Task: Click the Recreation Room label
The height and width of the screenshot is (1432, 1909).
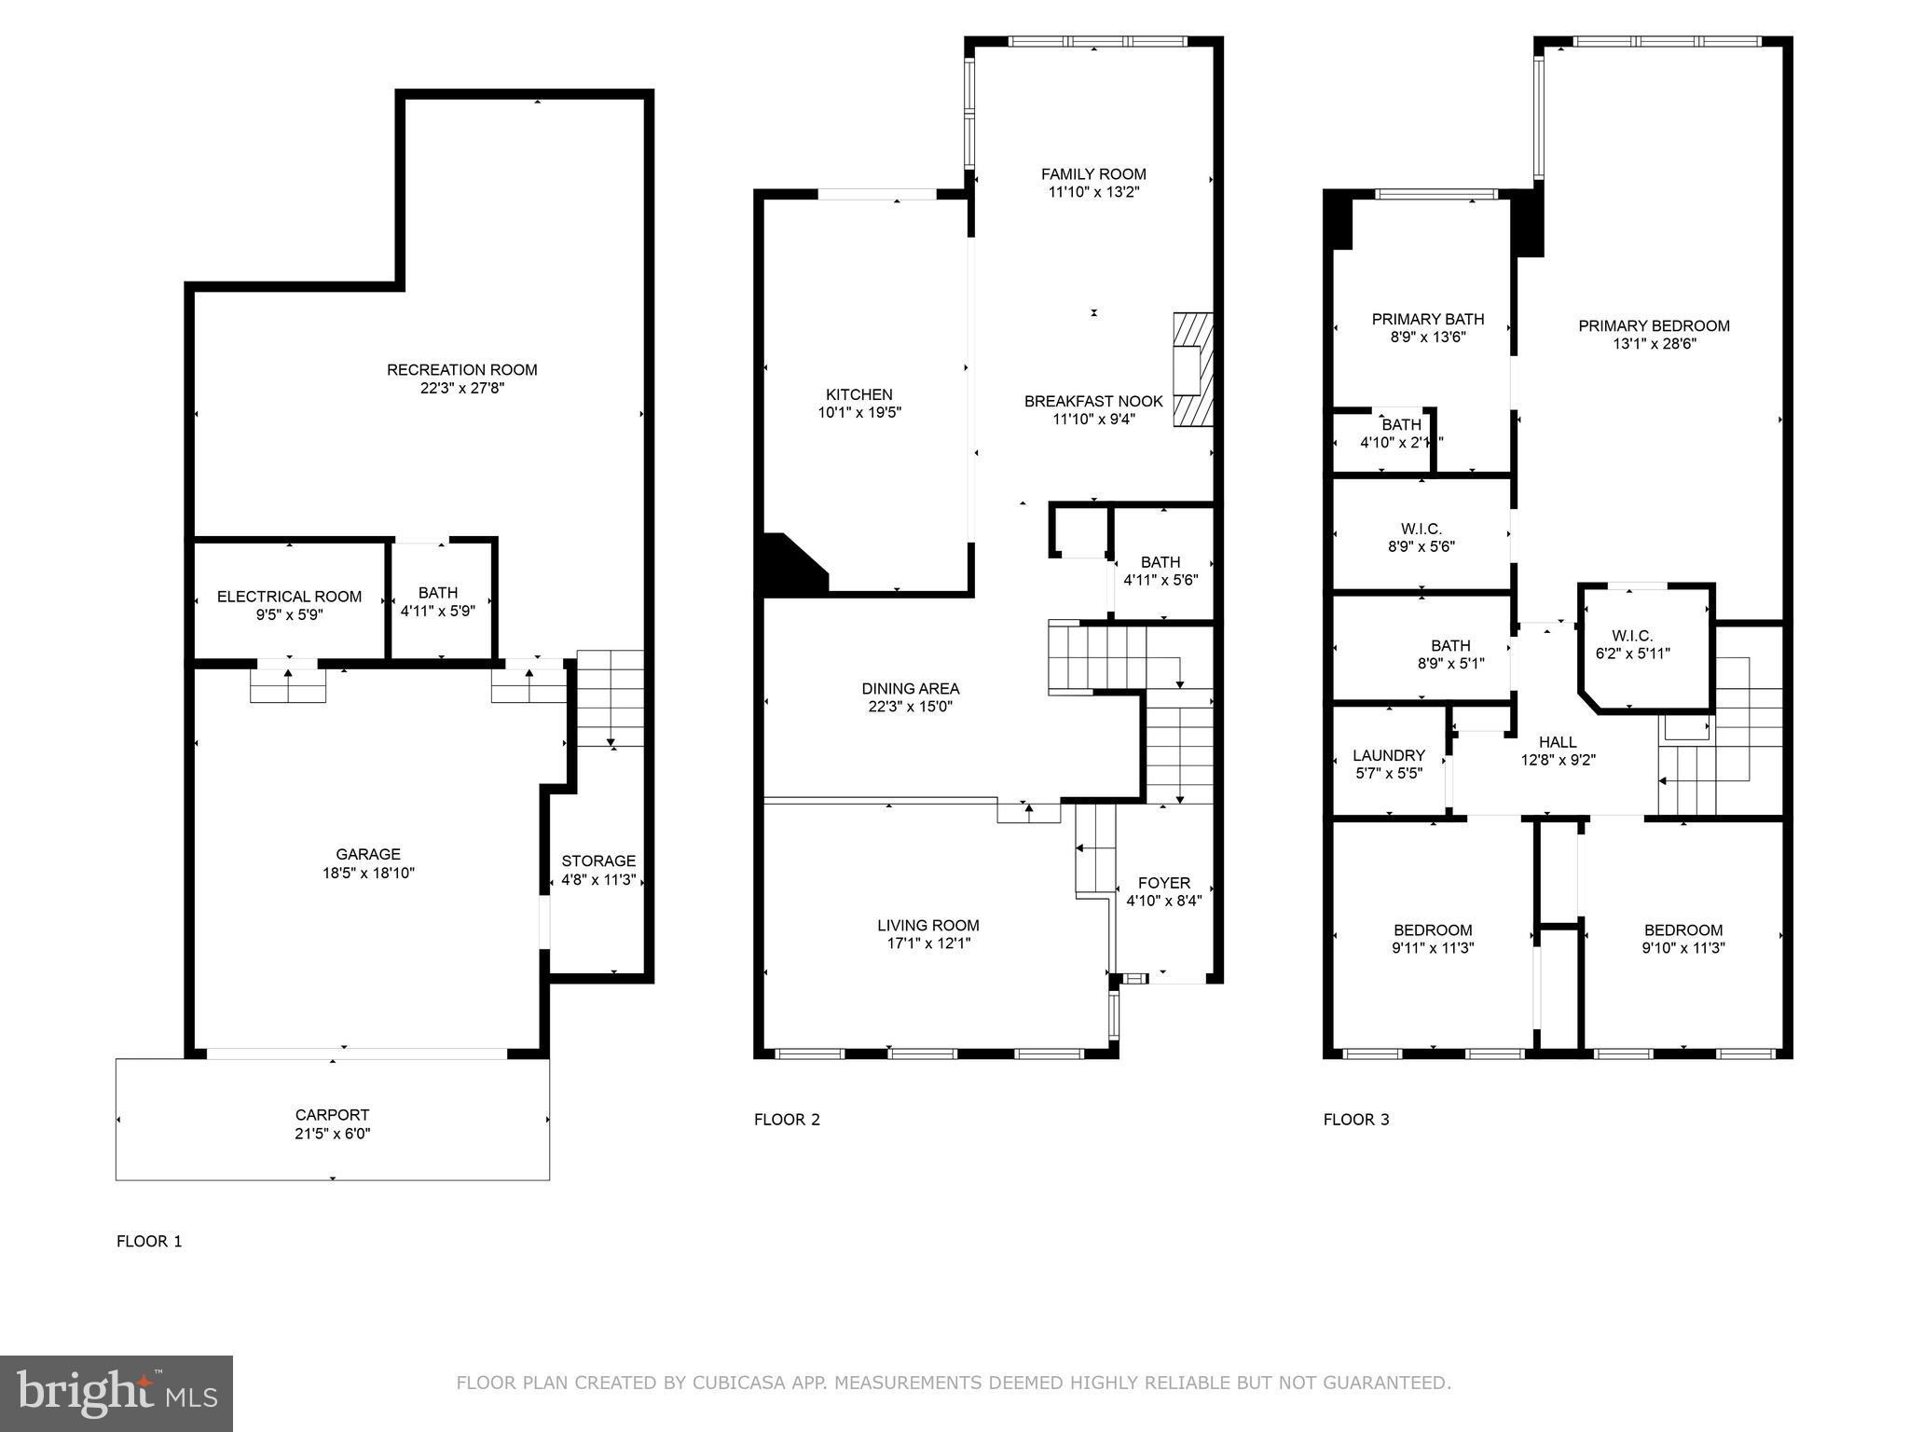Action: tap(461, 370)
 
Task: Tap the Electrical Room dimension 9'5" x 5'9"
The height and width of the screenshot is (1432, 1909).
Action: tap(289, 615)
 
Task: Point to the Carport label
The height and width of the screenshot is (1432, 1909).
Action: tap(332, 1115)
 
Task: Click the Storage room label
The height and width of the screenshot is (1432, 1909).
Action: tap(598, 861)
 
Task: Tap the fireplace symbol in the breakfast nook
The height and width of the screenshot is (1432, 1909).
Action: tap(1192, 370)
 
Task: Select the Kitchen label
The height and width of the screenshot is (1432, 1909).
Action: tap(858, 394)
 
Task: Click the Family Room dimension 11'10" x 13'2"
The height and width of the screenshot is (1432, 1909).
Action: tap(1093, 192)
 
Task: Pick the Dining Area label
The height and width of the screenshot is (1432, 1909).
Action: tap(910, 689)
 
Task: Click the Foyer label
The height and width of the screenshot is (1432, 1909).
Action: tap(1164, 883)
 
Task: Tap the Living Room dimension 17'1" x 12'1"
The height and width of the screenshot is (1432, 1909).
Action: tap(927, 943)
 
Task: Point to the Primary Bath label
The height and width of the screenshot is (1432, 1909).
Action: tap(1427, 319)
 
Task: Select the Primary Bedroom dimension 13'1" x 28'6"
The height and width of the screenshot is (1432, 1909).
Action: tap(1654, 344)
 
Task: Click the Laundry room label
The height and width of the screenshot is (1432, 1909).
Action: tap(1389, 755)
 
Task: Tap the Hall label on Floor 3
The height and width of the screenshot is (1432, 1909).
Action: tap(1558, 742)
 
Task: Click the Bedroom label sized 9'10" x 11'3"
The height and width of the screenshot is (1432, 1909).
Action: tap(1682, 929)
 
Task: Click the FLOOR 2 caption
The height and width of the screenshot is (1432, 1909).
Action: tap(787, 1120)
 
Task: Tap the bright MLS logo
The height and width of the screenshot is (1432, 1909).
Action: tap(117, 1394)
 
